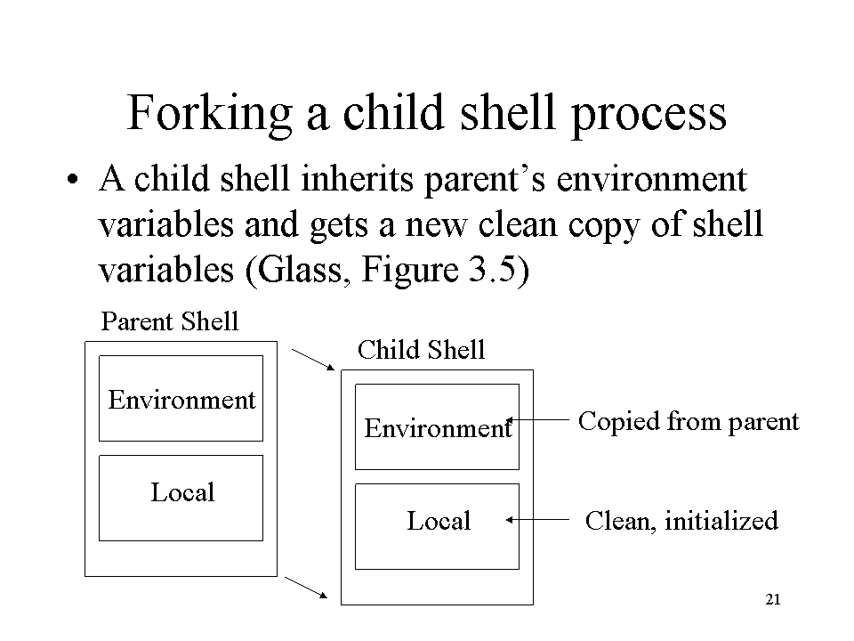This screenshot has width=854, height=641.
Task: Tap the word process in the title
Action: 649,116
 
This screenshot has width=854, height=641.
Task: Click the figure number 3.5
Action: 492,269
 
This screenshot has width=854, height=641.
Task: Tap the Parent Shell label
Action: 170,321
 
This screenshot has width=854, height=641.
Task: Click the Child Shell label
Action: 421,349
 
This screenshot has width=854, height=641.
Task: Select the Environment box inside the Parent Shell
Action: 181,399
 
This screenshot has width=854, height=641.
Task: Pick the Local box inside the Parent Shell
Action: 181,499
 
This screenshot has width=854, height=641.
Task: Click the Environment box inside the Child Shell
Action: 437,426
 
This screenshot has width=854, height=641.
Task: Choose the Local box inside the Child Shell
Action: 437,526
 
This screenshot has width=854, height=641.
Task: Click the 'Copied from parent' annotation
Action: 689,422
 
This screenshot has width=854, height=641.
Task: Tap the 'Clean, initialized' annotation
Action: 681,521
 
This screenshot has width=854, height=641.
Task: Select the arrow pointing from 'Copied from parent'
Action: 538,419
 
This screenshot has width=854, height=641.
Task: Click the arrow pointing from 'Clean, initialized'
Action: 538,519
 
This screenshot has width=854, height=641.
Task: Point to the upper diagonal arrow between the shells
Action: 313,360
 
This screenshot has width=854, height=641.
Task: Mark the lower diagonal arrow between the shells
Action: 306,588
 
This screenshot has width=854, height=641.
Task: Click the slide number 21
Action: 773,599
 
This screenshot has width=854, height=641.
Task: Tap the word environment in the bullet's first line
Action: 651,179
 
